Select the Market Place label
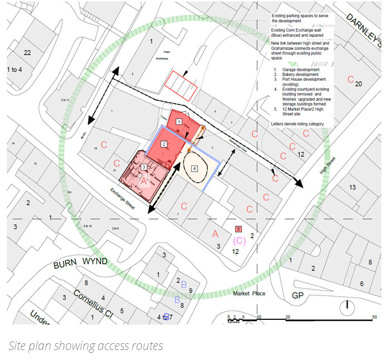(249, 294)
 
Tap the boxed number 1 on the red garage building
(179, 121)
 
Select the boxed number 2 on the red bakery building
(164, 144)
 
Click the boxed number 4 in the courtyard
(195, 168)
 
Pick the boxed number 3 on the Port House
(144, 167)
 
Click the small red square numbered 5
(239, 229)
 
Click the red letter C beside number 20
(351, 80)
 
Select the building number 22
(27, 52)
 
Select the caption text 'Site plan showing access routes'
(86, 346)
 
